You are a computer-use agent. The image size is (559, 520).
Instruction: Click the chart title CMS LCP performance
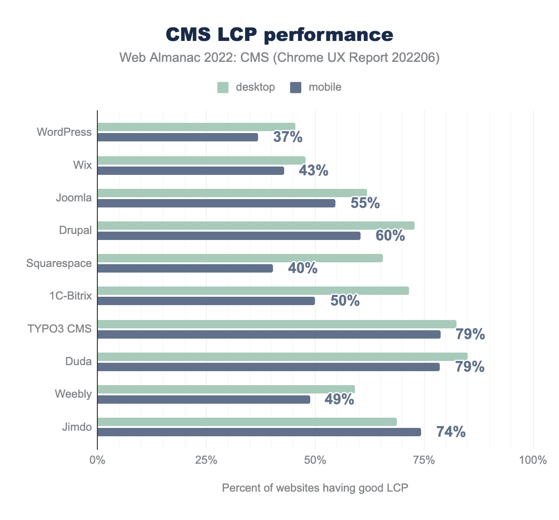279,34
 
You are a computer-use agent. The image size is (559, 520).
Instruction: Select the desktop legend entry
246,87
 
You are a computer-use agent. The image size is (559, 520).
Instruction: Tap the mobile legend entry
316,87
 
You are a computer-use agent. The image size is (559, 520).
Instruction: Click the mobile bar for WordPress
177,137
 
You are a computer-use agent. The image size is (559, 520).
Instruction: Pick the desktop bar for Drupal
256,226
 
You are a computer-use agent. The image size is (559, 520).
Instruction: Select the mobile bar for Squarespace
185,268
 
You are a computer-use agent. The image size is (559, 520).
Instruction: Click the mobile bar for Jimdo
259,432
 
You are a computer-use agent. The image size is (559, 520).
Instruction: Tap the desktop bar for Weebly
226,389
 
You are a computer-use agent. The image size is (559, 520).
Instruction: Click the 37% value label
288,137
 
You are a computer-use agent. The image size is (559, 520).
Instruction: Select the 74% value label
451,432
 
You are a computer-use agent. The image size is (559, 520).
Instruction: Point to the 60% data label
390,236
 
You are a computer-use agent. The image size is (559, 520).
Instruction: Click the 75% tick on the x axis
424,460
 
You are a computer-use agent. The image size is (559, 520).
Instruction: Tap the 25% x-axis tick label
206,460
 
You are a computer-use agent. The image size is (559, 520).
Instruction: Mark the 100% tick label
533,460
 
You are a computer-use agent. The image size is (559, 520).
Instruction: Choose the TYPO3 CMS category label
59,329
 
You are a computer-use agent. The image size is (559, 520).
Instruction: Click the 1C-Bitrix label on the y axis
70,296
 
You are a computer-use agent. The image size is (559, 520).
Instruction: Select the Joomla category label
74,198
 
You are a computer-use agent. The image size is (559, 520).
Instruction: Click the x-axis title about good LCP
315,488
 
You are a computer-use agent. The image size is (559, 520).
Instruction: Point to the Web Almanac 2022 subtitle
279,58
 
